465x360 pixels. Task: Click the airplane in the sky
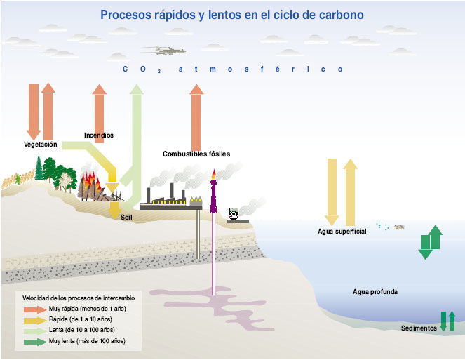pos(163,50)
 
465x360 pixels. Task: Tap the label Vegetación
pos(40,144)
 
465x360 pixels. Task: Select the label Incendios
pos(99,135)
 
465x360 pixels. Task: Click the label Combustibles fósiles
pos(196,154)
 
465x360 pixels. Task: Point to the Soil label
pos(126,217)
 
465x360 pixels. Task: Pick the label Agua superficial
pos(342,232)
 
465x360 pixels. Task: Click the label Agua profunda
pos(375,291)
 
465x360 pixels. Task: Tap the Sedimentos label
pos(419,328)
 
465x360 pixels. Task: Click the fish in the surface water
pos(400,227)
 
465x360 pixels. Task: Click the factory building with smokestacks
pos(168,199)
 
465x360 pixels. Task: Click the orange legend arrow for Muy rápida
pos(34,309)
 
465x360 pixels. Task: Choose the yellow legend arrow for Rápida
pos(34,319)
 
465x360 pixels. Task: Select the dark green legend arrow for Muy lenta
pos(34,342)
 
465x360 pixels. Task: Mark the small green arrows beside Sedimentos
pos(447,321)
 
